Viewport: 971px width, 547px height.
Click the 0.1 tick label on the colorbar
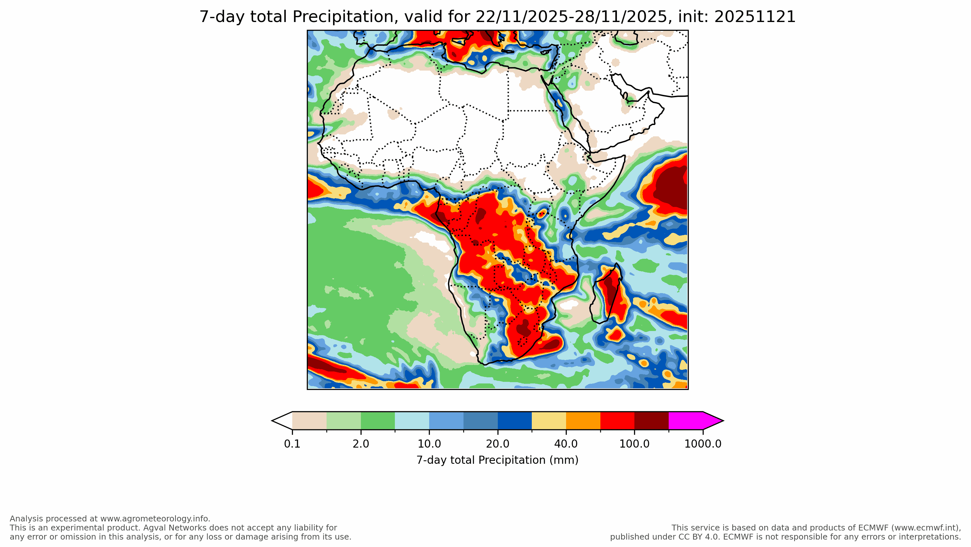(x=292, y=444)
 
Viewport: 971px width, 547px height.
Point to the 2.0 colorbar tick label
(x=361, y=444)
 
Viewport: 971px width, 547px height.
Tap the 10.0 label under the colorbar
(x=429, y=444)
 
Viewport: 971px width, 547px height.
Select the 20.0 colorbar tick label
(x=497, y=444)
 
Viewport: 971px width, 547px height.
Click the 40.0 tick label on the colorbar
(x=566, y=444)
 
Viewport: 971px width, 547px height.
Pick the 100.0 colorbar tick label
(x=634, y=444)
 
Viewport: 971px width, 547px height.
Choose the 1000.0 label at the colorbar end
(x=703, y=444)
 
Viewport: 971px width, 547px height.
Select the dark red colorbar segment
(x=651, y=421)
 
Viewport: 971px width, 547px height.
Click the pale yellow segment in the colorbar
(x=549, y=421)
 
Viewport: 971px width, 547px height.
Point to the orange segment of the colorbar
(x=583, y=421)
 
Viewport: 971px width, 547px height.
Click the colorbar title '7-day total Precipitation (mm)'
(x=497, y=460)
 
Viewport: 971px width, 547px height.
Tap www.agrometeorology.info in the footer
(x=154, y=519)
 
